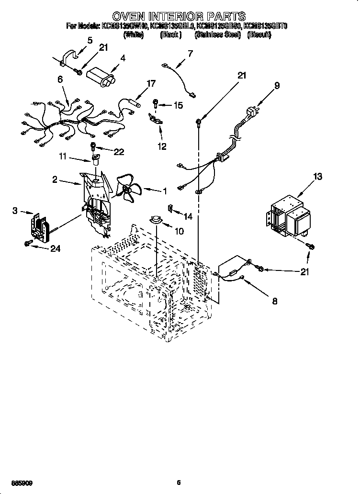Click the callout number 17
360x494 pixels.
tap(151, 83)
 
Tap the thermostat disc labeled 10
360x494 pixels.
tap(156, 219)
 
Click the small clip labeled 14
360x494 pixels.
tap(169, 207)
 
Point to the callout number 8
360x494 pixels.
tap(274, 302)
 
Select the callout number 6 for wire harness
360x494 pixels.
tap(61, 80)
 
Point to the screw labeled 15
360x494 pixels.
tap(156, 102)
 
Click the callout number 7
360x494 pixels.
tap(190, 53)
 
